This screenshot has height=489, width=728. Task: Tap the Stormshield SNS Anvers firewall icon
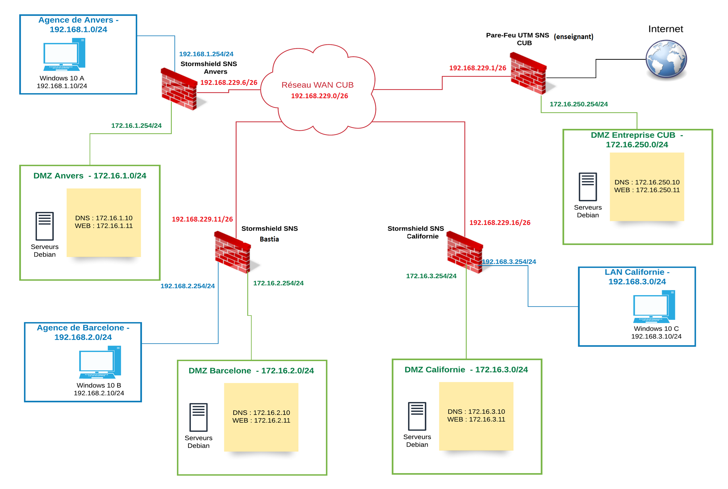point(179,89)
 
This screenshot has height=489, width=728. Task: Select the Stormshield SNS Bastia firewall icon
point(232,252)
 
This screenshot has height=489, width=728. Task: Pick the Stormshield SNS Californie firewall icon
point(465,252)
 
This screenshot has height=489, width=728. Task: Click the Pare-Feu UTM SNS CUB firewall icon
point(528,73)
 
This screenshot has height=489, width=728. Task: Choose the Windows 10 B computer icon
point(100,362)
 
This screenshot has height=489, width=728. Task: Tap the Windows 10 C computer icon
point(654,306)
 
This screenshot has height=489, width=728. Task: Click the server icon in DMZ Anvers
point(45,226)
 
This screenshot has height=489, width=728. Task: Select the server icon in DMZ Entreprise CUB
point(587,187)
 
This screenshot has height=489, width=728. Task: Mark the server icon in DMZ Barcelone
point(199,417)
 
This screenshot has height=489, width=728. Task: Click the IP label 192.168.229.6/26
point(229,82)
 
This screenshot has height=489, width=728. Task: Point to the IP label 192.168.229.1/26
point(477,68)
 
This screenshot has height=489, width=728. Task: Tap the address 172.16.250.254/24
point(578,104)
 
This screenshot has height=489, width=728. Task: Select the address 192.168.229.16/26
point(500,223)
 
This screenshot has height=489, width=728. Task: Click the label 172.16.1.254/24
point(137,126)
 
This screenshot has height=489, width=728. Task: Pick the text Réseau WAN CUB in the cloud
point(317,85)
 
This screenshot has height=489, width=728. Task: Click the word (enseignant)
point(573,37)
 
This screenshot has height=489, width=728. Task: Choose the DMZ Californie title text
point(466,370)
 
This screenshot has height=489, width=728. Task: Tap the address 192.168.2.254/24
point(187,286)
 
